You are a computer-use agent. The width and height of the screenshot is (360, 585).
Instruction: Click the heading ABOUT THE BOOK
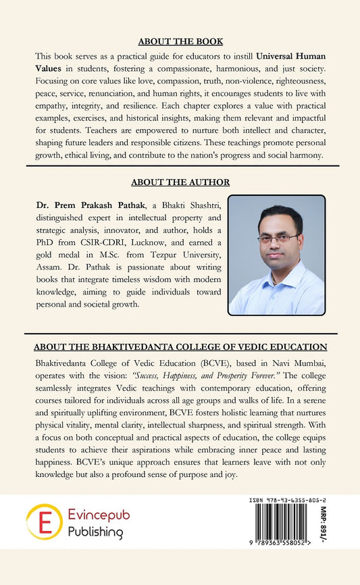pos(180,41)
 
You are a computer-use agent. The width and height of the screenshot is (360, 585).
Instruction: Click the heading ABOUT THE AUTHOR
pos(180,182)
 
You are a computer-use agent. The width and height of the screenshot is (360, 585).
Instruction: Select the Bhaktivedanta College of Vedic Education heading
pos(180,347)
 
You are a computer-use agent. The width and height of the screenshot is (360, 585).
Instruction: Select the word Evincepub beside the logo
pos(99,515)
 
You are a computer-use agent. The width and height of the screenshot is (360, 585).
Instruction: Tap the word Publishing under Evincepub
pos(95,532)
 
